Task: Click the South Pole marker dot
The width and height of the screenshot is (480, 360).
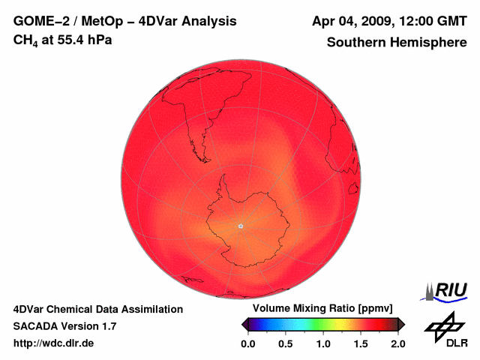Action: [x=241, y=226]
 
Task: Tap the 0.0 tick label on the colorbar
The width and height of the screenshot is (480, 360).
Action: [x=247, y=343]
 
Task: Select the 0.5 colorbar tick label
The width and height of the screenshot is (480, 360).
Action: [x=286, y=343]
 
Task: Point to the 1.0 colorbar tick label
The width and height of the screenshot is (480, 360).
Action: [x=323, y=343]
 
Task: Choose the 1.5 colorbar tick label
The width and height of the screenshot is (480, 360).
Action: [x=361, y=343]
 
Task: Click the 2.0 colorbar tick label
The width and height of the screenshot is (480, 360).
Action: [x=397, y=343]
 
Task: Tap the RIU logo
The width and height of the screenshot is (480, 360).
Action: [x=447, y=290]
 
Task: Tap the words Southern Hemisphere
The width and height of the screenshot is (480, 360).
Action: [x=396, y=42]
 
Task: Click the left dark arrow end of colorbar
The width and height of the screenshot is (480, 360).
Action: [x=244, y=324]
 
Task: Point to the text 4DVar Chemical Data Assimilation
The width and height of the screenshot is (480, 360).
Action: [x=98, y=309]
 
